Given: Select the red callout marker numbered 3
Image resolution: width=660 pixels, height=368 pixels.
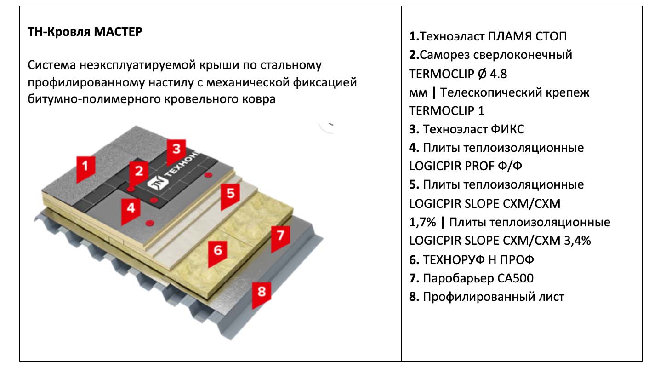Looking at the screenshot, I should tap(176, 152).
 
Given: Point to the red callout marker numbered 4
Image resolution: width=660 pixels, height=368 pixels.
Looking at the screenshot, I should tap(131, 210).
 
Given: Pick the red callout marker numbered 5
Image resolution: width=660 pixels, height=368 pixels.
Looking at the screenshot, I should tap(230, 195).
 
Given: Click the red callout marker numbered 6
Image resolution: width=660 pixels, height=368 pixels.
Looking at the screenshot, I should tap(217, 253).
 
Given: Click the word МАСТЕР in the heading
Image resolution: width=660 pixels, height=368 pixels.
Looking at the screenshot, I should tap(118, 33).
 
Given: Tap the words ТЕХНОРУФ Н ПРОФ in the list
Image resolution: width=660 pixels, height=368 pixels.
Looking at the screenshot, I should tap(478, 260).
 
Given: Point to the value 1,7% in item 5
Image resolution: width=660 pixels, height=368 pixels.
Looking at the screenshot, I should tap(421, 222).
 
